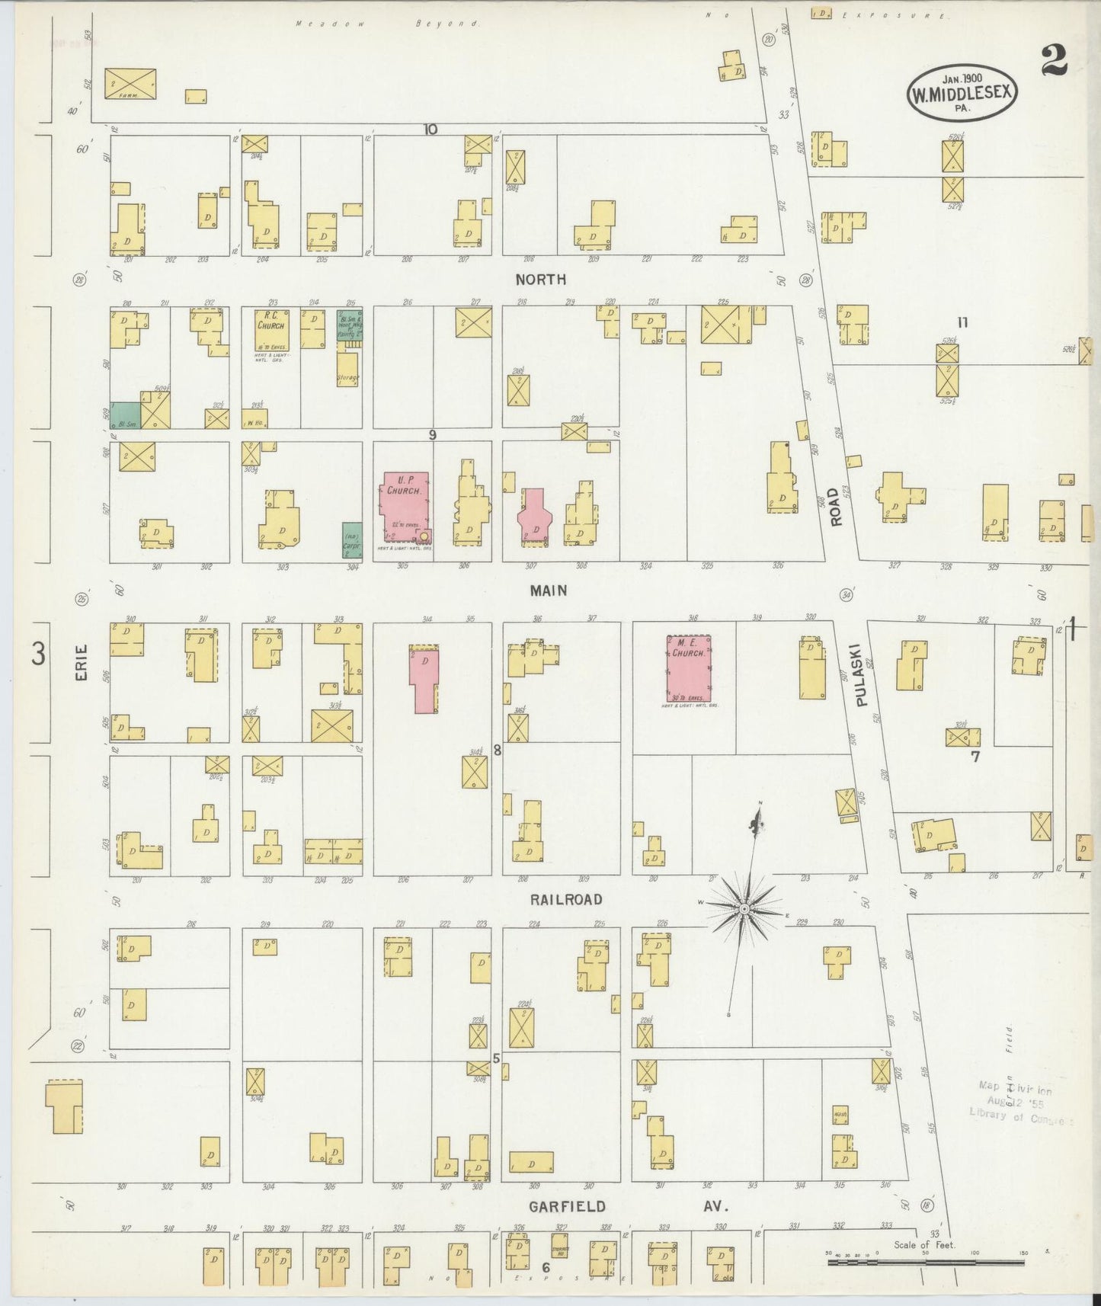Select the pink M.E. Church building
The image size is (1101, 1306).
point(690,668)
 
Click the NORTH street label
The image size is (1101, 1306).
point(540,280)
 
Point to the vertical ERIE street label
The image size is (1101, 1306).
point(82,663)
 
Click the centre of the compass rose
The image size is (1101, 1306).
point(744,910)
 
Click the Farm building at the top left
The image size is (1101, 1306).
point(130,83)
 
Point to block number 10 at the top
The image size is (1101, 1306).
point(430,129)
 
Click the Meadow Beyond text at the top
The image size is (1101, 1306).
point(388,24)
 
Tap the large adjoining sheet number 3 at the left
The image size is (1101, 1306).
point(39,654)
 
